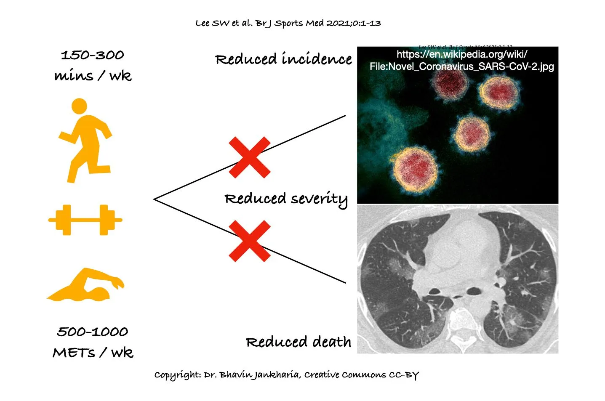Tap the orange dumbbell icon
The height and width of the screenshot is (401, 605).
point(85,220)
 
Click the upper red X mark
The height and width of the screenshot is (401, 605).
point(249,157)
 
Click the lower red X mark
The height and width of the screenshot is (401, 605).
point(249,241)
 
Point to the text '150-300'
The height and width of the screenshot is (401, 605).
point(93,55)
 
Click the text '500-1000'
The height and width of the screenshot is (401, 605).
point(93,332)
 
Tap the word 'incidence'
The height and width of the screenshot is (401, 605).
point(317,59)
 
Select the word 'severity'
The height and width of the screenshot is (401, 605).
point(319,199)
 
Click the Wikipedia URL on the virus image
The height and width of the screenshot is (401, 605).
point(462,60)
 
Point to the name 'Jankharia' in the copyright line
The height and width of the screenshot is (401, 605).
point(275,375)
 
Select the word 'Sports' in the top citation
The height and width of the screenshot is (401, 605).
point(289,24)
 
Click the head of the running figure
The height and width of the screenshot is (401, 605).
point(79,106)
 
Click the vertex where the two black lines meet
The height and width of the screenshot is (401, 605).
point(155,199)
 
